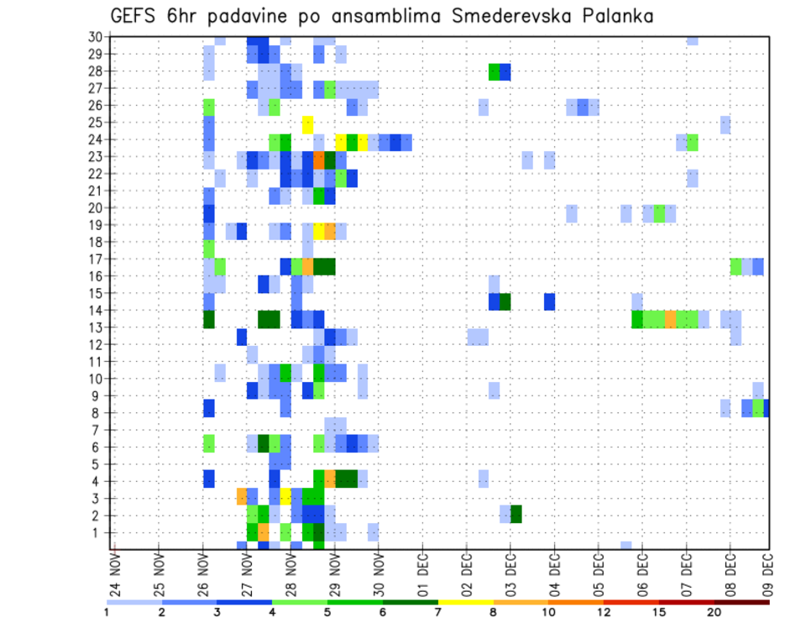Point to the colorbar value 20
coord(714,613)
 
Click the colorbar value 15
coord(659,613)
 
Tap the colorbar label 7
coord(438,613)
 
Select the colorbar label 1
coord(107,613)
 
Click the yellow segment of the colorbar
coord(465,602)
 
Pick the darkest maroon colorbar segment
coord(742,602)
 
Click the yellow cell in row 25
coord(307,123)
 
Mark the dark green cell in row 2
coord(516,515)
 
